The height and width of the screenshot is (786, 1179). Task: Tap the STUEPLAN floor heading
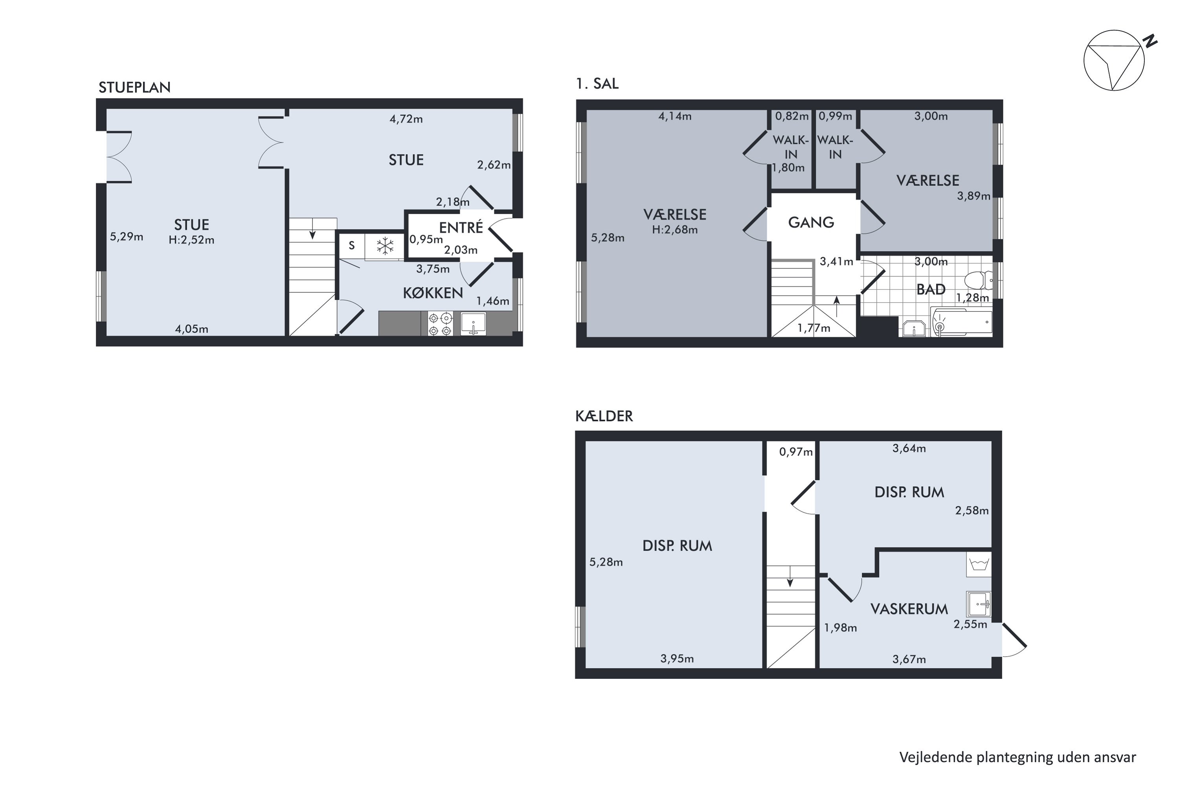tap(134, 87)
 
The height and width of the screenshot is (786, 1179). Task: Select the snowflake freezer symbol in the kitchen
tap(385, 246)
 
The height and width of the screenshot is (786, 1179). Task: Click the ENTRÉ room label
tap(461, 227)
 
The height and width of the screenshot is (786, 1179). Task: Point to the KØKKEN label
tap(433, 293)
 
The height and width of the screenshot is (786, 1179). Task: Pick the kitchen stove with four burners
tap(440, 324)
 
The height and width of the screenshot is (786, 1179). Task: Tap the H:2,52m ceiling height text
tap(191, 240)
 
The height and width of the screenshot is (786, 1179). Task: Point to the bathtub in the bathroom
tap(961, 322)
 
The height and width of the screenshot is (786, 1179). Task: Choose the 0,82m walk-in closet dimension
tap(792, 116)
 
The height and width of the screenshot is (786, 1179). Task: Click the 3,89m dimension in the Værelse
tap(973, 196)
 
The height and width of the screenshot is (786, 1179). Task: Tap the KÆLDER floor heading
tap(604, 416)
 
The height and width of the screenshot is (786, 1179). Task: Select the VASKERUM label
tap(909, 609)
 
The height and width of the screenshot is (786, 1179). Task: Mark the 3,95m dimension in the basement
tap(677, 659)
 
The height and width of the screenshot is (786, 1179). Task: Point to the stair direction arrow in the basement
tap(790, 576)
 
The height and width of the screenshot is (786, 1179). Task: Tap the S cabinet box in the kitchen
tap(352, 246)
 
